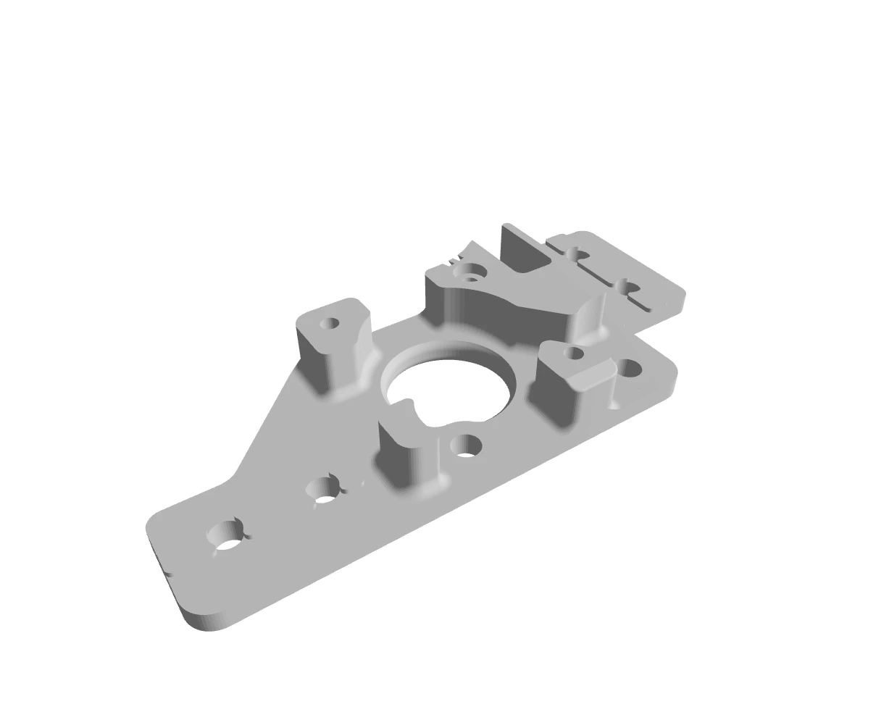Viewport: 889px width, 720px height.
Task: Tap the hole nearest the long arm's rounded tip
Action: coord(227,537)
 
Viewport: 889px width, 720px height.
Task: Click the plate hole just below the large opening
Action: coord(465,445)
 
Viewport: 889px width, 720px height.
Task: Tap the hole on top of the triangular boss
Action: coord(574,353)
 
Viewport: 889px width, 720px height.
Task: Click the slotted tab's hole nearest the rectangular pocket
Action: coord(577,254)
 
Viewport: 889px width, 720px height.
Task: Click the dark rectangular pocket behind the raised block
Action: coord(522,250)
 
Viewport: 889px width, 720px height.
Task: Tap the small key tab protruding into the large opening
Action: coord(409,401)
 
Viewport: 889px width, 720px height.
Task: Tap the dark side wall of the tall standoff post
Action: coord(312,359)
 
